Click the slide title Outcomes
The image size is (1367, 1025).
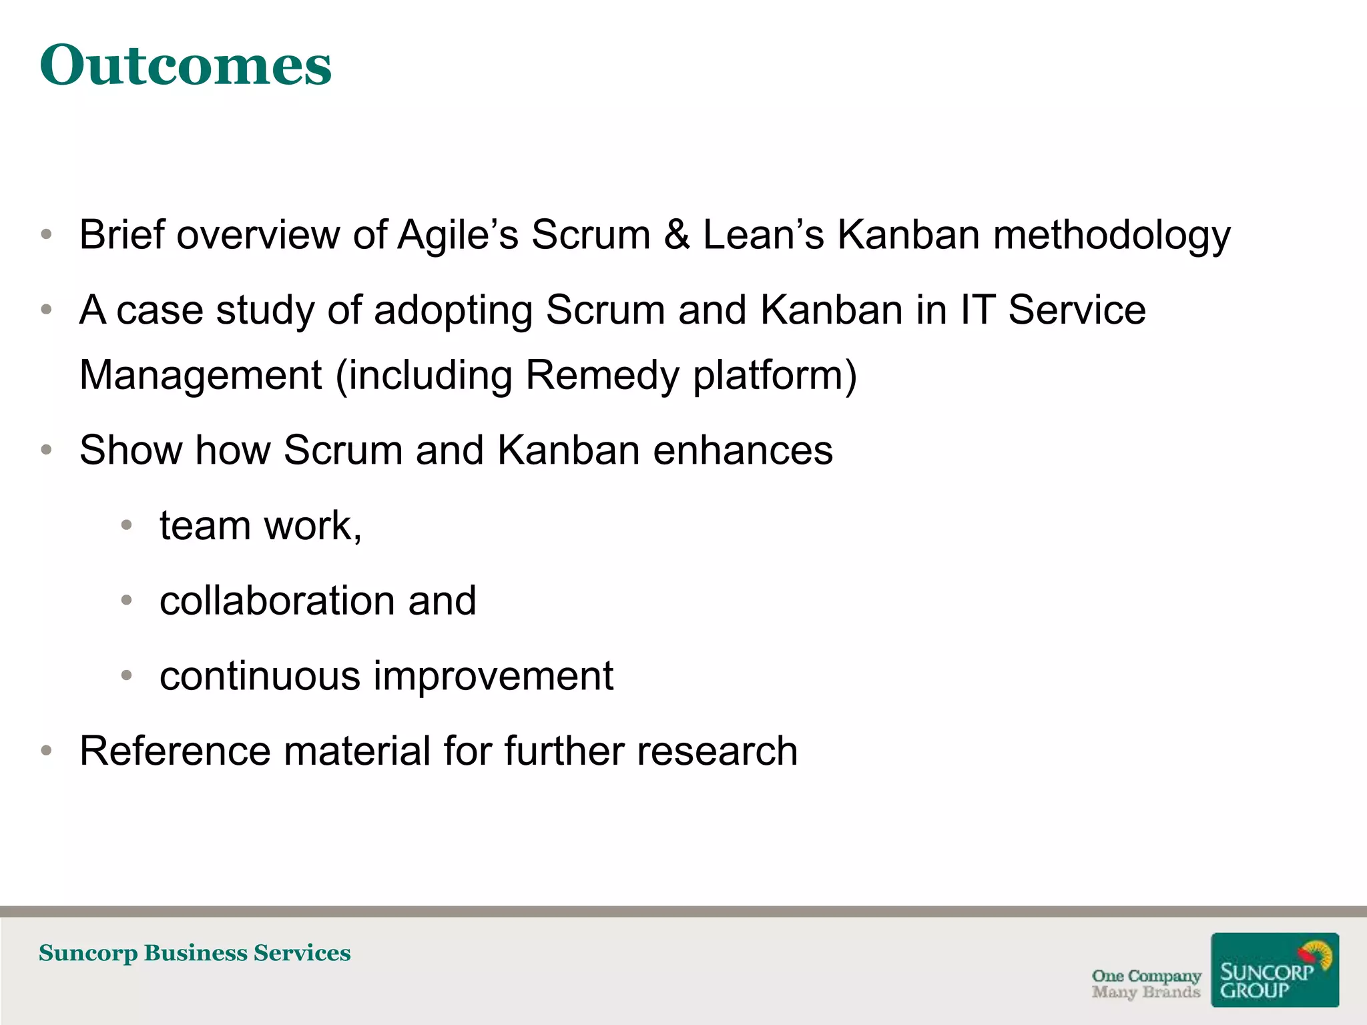point(186,65)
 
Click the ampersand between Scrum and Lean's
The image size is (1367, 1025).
point(676,235)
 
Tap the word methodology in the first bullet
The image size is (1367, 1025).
point(1111,236)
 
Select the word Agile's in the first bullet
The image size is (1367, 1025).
point(458,236)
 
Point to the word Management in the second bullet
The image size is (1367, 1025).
point(201,376)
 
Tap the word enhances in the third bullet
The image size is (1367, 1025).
point(742,450)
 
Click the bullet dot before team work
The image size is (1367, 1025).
point(127,525)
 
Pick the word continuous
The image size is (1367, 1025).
point(260,676)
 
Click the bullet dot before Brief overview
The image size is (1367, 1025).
point(46,235)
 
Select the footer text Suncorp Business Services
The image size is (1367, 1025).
point(194,953)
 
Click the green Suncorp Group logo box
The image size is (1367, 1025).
point(1274,970)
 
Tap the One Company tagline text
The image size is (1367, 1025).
point(1146,976)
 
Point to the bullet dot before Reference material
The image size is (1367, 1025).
point(46,751)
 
